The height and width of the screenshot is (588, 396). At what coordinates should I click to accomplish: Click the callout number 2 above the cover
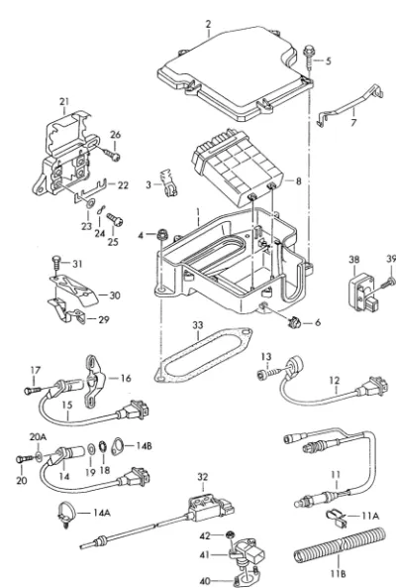(x=208, y=24)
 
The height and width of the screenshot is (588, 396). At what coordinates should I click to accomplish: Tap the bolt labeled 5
(x=310, y=57)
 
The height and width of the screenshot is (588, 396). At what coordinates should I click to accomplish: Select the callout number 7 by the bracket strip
(x=353, y=122)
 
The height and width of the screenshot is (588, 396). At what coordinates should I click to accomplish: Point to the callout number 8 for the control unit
(x=298, y=181)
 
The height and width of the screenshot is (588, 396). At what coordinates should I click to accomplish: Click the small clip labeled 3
(x=168, y=182)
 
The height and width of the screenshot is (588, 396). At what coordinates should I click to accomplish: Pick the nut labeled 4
(x=162, y=235)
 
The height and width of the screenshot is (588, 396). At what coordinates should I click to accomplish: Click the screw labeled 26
(x=111, y=154)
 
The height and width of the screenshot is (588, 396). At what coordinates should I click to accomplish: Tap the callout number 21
(x=64, y=101)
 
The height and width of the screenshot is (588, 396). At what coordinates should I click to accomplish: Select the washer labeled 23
(x=90, y=203)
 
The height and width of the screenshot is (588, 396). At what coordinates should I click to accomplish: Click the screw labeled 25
(x=114, y=219)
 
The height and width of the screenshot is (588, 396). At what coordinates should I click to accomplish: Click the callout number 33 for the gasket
(x=198, y=325)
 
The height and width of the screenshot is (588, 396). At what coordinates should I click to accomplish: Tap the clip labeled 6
(x=295, y=322)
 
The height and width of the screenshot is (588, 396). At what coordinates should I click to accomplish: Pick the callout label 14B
(x=144, y=445)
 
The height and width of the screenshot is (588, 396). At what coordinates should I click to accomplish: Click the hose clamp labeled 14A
(x=66, y=513)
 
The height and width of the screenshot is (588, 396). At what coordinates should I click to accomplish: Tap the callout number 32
(x=203, y=477)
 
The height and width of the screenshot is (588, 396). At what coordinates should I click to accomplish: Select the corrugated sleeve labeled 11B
(x=340, y=545)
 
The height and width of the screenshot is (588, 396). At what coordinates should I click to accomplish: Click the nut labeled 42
(x=230, y=534)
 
